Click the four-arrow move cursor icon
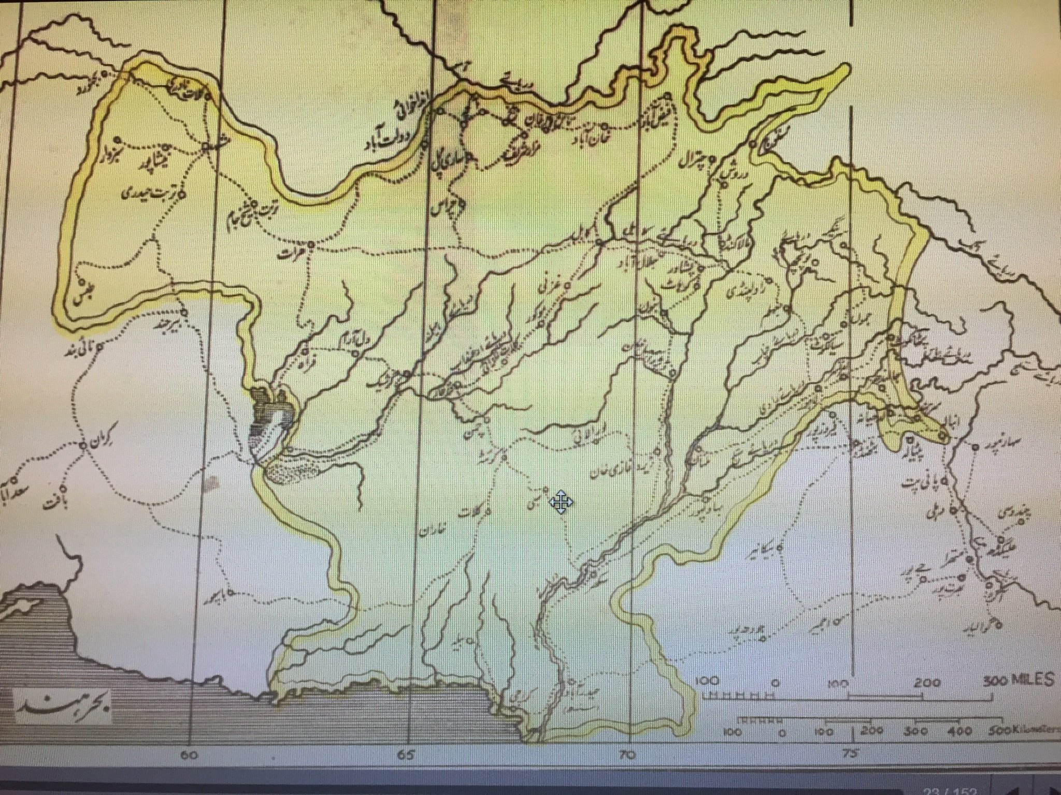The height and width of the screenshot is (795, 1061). tap(562, 503)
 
